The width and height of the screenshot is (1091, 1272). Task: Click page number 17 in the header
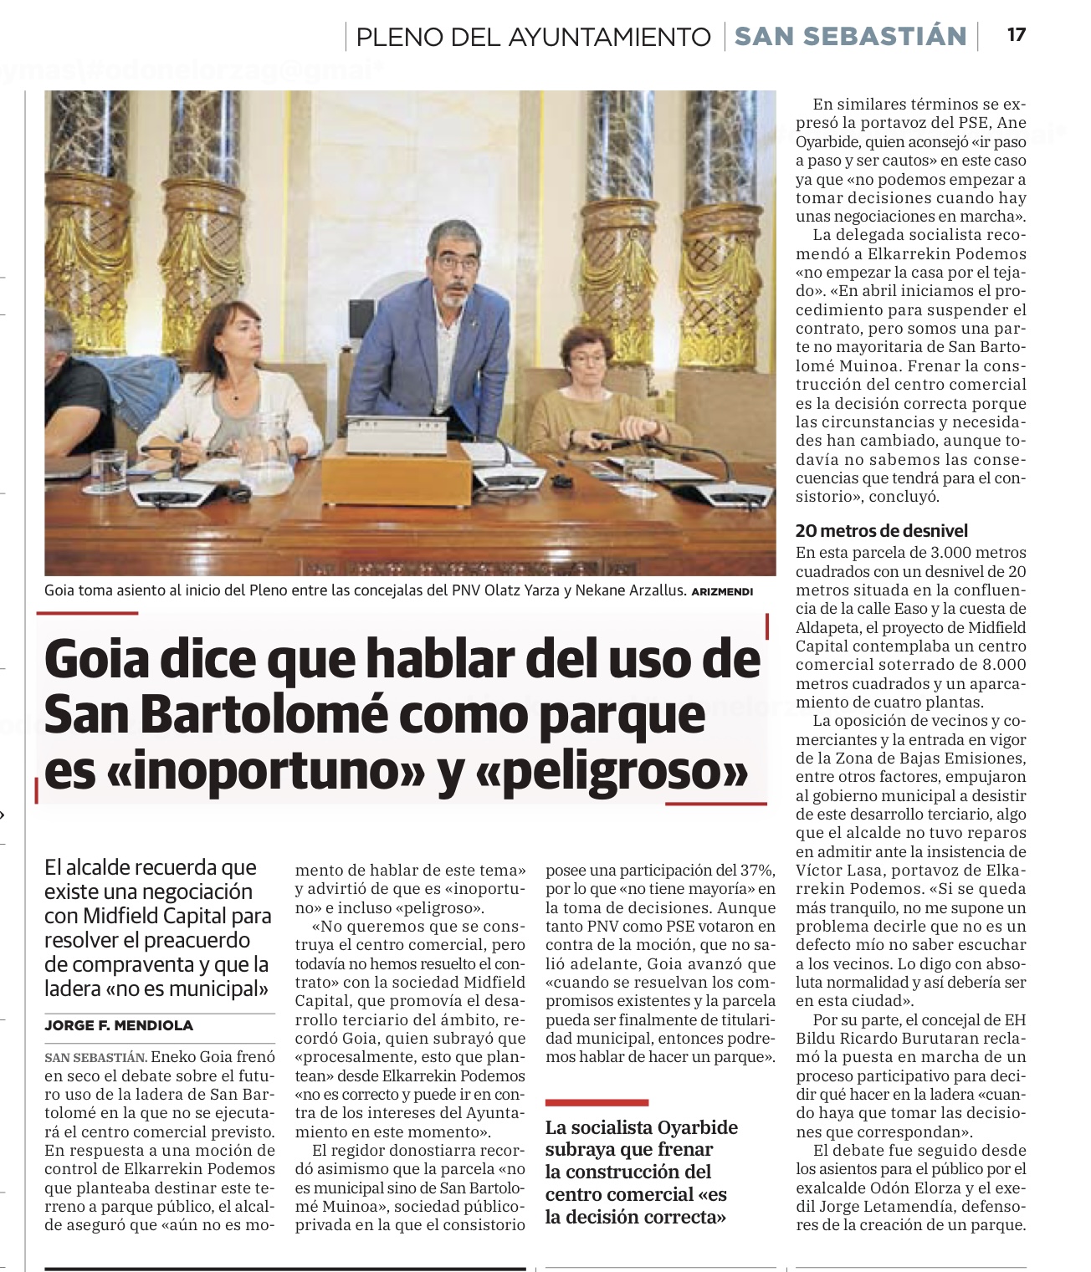[x=1016, y=35]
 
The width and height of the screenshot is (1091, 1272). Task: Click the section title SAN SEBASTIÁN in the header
[x=850, y=36]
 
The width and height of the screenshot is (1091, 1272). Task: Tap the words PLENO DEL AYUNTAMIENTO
[x=533, y=37]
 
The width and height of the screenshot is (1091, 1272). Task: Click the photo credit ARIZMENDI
[x=722, y=592]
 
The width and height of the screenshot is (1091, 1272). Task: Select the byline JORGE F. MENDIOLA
[x=119, y=1025]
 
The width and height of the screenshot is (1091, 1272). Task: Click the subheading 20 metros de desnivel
[x=881, y=530]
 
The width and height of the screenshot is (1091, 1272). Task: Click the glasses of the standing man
[x=457, y=263]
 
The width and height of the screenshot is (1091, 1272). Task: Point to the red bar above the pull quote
[x=597, y=1102]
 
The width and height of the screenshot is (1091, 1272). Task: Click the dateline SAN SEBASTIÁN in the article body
[x=95, y=1058]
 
